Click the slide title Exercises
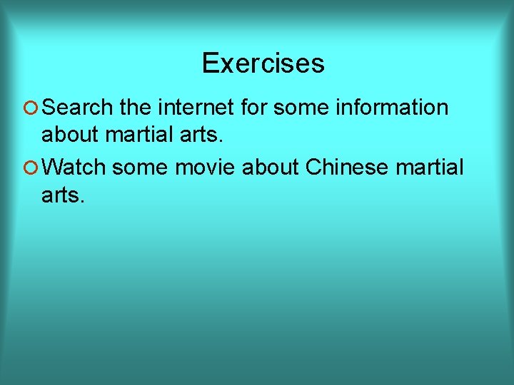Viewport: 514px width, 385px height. click(x=263, y=63)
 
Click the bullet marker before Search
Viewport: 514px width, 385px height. click(x=30, y=108)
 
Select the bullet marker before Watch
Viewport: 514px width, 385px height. click(x=30, y=169)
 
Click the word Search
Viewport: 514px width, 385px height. click(x=77, y=108)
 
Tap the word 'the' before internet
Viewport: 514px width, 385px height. click(x=136, y=108)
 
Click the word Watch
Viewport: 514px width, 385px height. click(x=74, y=168)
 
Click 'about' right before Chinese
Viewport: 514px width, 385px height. click(x=271, y=168)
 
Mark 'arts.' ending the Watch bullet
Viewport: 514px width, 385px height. click(x=63, y=194)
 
